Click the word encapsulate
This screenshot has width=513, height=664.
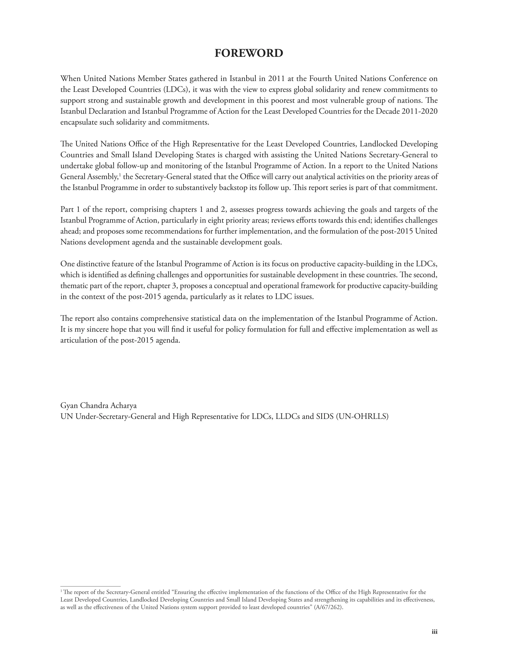pos(79,122)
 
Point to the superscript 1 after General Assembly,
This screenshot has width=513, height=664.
pos(120,174)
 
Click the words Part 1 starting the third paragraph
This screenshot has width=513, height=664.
pos(70,209)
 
